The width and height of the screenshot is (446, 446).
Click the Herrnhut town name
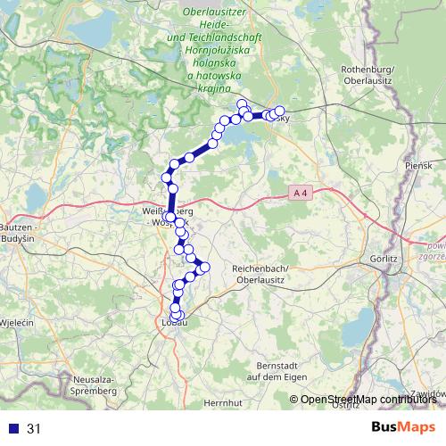[222, 404]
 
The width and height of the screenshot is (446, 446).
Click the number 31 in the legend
[34, 429]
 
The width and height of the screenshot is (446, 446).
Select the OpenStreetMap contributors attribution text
[368, 401]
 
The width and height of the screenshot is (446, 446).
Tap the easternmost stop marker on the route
[279, 111]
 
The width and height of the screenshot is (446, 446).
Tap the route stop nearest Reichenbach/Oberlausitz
[205, 266]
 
